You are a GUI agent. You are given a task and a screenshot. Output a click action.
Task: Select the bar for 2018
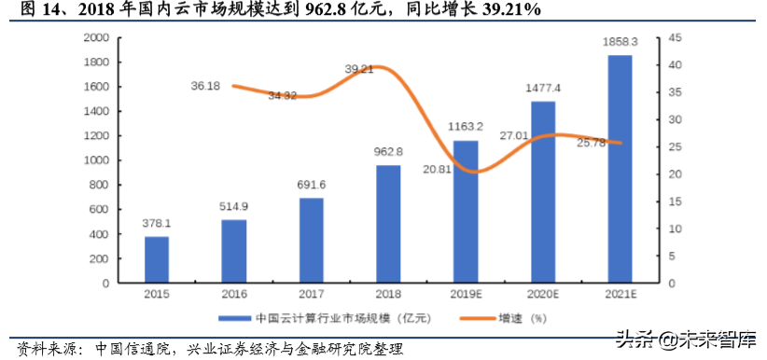coord(389,224)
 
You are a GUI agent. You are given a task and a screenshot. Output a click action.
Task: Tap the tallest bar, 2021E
coord(621,169)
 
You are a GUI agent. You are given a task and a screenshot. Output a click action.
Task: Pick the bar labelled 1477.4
coord(543,191)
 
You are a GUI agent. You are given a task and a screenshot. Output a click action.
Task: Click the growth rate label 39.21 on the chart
coord(359,69)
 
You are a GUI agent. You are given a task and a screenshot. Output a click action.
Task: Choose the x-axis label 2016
coord(234,295)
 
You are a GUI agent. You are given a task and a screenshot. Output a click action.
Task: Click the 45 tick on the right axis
coord(675,38)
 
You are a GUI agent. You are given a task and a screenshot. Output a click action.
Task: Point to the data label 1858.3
coord(621,43)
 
